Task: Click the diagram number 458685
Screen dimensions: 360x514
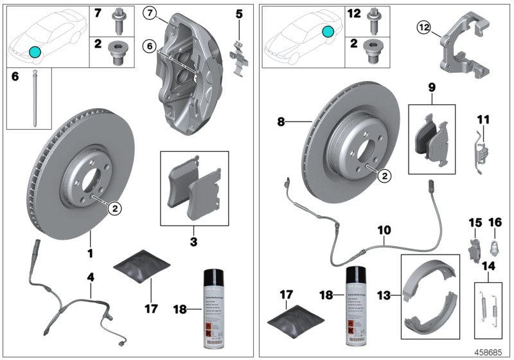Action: [x=490, y=352]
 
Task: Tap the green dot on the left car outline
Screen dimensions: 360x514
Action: [x=35, y=51]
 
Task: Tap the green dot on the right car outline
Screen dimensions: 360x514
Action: [x=328, y=31]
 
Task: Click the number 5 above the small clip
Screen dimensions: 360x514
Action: [x=239, y=12]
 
